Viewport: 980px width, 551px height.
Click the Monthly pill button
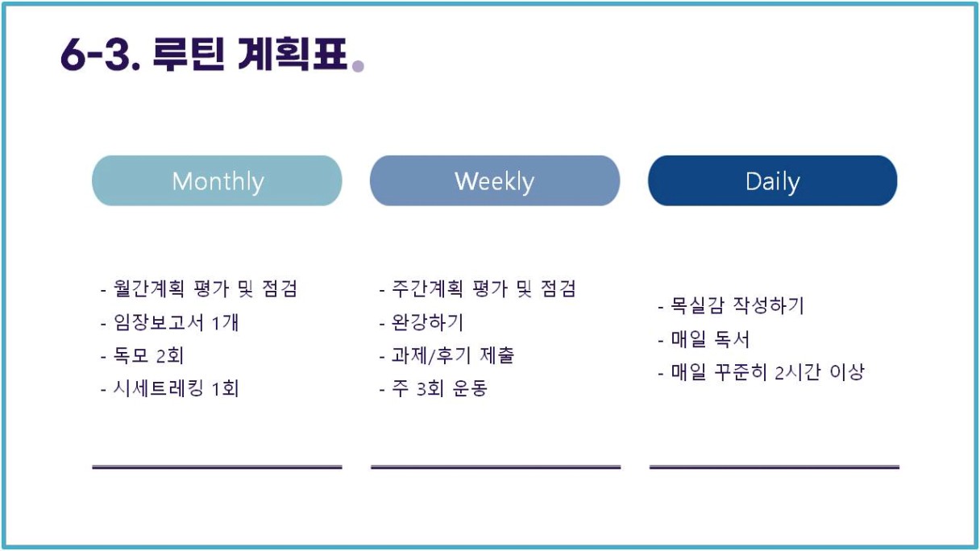click(217, 180)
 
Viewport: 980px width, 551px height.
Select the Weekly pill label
click(494, 181)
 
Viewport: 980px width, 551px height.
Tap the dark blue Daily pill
click(773, 180)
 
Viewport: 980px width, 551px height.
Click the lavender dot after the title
click(359, 65)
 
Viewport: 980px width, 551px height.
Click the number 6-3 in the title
click(101, 55)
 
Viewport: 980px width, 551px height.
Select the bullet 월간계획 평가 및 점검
click(200, 288)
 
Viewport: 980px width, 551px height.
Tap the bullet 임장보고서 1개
click(170, 323)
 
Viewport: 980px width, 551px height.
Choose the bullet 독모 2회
click(143, 355)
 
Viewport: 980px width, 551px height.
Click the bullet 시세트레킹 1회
click(170, 388)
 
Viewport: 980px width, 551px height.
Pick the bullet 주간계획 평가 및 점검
click(478, 288)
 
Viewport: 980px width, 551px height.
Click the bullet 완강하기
click(421, 323)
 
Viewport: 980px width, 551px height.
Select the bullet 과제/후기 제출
click(446, 355)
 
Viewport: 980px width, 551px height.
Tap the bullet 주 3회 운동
click(433, 388)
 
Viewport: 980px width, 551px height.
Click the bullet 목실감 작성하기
click(731, 305)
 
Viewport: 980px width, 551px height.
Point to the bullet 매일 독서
click(704, 339)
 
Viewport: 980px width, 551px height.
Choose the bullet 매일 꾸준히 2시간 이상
click(762, 372)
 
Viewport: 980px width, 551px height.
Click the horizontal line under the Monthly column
click(217, 467)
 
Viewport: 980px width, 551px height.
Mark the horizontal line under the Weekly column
click(496, 467)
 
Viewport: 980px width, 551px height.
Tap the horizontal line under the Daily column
click(774, 467)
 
